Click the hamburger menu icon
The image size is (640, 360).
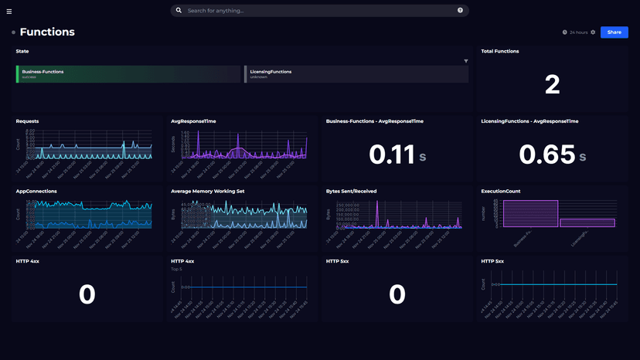(9, 12)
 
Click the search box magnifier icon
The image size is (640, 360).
(179, 11)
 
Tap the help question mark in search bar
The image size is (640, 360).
(460, 11)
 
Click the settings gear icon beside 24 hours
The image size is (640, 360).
(593, 32)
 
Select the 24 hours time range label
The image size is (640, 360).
(578, 32)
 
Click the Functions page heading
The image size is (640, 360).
(47, 32)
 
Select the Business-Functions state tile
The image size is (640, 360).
(128, 73)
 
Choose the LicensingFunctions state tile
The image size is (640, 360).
(356, 73)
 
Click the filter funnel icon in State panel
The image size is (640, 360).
(465, 61)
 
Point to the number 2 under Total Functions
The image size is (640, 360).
(552, 84)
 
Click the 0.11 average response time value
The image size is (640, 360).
(393, 155)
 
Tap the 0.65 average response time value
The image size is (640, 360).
(547, 155)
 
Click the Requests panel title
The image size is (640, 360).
(27, 121)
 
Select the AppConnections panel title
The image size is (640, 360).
(36, 191)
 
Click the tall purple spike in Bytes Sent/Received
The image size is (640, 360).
(377, 213)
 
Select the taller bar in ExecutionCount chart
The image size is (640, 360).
(530, 214)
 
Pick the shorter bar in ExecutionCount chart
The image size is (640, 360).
(587, 222)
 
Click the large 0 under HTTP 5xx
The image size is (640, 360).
(397, 294)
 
